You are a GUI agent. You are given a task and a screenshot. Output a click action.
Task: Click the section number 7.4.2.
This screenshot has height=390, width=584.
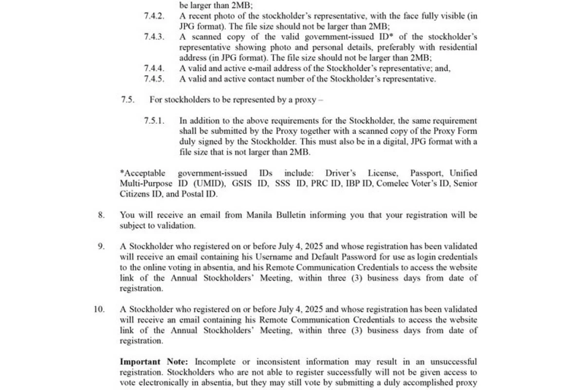pos(154,16)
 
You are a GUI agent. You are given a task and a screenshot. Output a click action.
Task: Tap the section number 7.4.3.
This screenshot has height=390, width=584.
pos(154,37)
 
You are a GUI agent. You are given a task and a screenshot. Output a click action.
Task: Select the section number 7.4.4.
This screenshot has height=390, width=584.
pos(154,69)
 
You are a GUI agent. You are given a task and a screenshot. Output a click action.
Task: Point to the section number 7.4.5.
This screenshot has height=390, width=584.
pos(154,79)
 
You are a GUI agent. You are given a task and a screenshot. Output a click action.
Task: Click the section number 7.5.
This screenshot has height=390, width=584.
pos(128,100)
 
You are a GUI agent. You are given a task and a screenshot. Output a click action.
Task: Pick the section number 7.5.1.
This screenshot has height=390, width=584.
pos(154,121)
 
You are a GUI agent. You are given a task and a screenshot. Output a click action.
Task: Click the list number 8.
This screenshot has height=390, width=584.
pos(101,215)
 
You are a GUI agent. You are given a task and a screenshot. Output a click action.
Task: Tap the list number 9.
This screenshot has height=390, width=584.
pos(101,246)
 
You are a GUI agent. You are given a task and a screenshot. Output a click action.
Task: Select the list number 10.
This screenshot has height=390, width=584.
pos(99,309)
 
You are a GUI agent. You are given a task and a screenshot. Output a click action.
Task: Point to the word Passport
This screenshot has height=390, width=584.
pos(426,173)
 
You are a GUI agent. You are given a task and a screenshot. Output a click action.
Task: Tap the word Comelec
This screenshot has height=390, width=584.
pos(392,184)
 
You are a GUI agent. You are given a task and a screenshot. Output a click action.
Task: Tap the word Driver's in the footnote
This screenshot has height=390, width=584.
pos(341,173)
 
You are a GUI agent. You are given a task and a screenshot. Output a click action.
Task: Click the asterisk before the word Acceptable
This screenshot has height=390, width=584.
pos(122,172)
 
